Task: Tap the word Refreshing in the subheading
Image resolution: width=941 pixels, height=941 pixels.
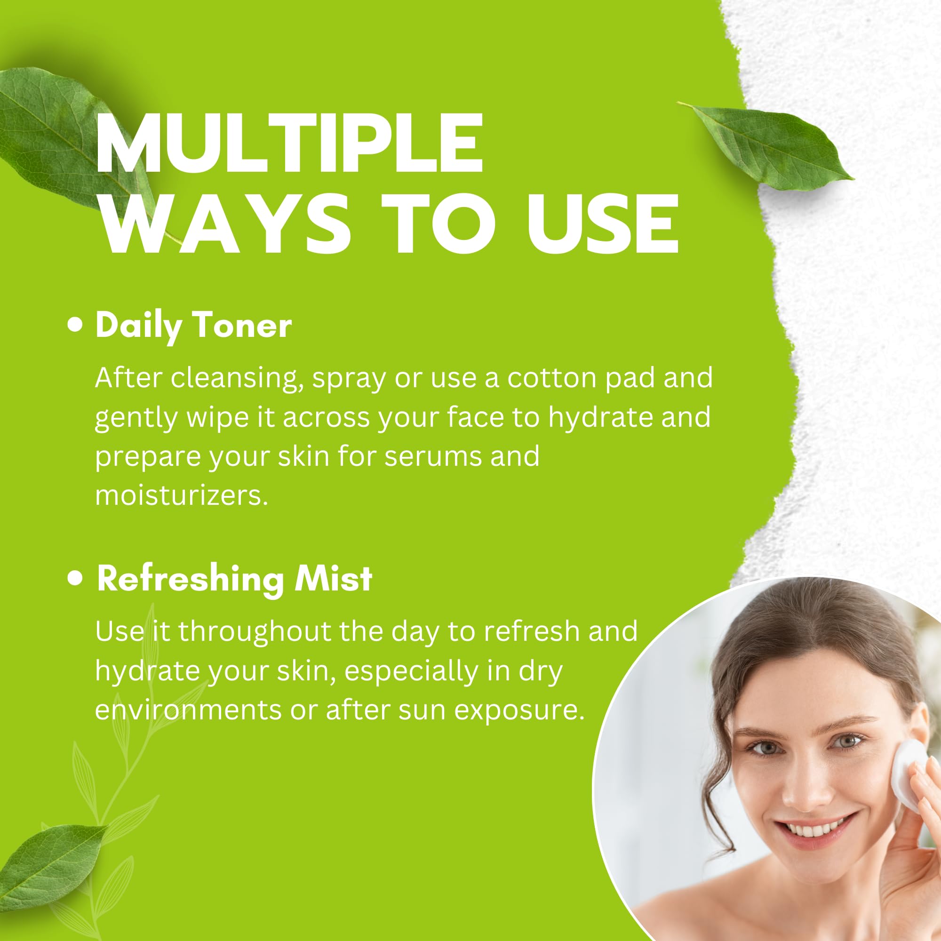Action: click(191, 580)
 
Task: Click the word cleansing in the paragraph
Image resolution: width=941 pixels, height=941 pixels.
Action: click(234, 378)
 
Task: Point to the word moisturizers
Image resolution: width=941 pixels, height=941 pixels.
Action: click(181, 495)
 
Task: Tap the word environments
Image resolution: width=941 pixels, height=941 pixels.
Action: click(188, 710)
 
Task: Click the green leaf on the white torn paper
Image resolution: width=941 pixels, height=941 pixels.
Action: click(770, 146)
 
